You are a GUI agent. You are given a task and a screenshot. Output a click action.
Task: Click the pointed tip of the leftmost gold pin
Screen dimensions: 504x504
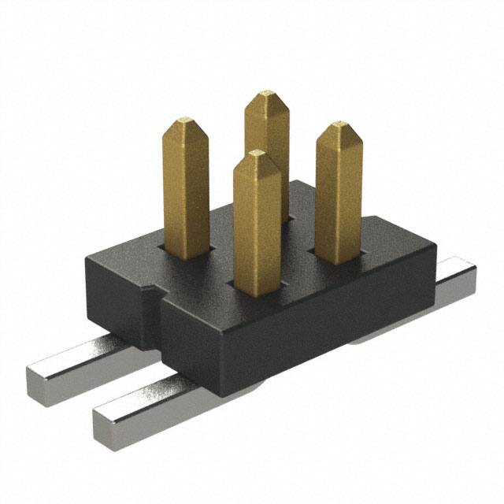186,121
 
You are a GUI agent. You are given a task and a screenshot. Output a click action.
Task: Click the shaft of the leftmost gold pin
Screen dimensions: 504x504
187,189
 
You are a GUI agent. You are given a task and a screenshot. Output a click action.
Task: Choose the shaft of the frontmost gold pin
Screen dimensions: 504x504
257,228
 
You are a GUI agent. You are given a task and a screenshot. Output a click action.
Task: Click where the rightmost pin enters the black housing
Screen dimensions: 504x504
334,258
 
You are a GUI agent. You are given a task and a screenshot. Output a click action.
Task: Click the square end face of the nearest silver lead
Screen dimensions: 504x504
108,425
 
